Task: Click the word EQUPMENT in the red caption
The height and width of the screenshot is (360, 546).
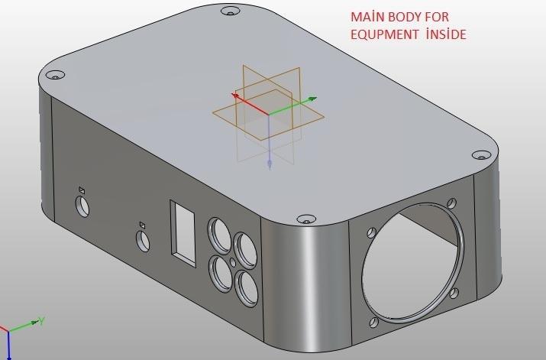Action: coord(383,35)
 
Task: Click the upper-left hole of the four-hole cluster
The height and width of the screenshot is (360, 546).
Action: coord(219,234)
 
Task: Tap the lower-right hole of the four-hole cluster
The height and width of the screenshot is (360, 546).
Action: coord(247,287)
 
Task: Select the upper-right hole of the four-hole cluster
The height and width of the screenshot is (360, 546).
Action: coord(246,248)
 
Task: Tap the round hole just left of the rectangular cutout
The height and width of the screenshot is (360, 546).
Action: coord(143,240)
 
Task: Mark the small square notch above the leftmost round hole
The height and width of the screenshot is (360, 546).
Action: coord(82,189)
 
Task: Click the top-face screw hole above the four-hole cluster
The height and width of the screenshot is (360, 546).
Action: coord(306,219)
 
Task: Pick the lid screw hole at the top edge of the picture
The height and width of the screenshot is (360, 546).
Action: coord(228,11)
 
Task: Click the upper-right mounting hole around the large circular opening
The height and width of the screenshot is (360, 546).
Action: coord(452,203)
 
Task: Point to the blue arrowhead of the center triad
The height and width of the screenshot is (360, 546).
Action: coord(270,164)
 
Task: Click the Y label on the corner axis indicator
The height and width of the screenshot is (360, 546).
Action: coord(44,320)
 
